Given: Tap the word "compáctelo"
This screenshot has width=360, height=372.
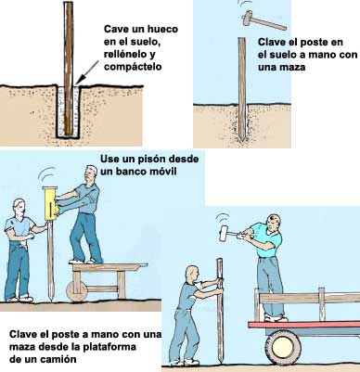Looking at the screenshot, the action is coord(133,67).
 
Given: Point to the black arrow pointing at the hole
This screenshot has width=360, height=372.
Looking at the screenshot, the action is coord(87,72).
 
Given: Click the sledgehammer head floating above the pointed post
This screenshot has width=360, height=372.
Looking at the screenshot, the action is coord(248,18).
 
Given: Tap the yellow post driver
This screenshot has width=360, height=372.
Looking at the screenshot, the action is coord(50,203).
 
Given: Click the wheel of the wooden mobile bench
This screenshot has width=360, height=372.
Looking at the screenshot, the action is coord(76,291).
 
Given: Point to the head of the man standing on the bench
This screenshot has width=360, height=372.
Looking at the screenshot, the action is coord(91,174).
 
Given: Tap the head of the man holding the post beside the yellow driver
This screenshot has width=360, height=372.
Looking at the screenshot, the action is coord(19,208).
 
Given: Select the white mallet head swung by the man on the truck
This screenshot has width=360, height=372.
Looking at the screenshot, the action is coord(225,233).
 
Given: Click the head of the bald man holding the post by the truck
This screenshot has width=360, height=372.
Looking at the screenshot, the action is coord(192,274).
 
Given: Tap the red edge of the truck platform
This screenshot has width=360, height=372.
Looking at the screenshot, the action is coord(303,325).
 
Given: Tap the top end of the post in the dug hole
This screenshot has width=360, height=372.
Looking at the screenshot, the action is coord(69,4).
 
